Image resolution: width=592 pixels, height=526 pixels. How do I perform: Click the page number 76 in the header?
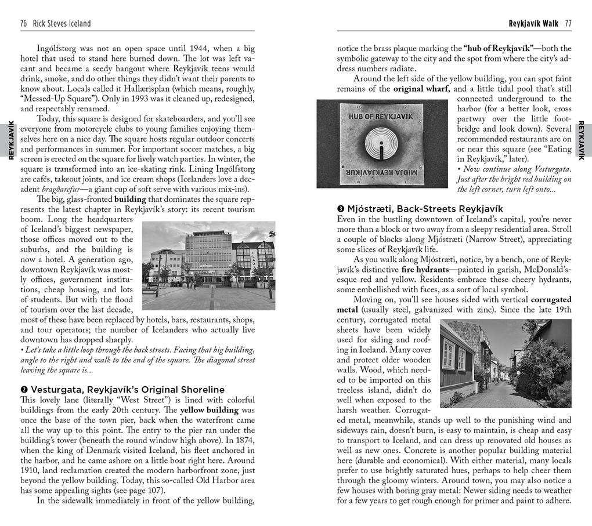point(24,24)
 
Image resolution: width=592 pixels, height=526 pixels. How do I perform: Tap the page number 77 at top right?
point(568,24)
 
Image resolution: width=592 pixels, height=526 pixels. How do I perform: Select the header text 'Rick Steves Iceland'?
point(62,24)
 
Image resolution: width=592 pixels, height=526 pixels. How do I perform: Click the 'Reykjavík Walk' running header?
point(533,24)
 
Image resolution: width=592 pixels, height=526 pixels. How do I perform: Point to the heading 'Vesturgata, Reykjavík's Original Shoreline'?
point(128,389)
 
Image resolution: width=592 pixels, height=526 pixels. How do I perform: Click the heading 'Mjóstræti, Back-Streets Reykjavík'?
point(424,209)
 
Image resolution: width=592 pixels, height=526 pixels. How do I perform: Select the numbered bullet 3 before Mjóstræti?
point(341,209)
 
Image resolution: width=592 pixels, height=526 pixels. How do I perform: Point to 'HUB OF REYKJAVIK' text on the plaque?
point(381,116)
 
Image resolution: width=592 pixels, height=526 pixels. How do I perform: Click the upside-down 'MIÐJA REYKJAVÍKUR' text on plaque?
point(381,173)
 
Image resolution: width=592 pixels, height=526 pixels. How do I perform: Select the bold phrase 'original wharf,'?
point(422,89)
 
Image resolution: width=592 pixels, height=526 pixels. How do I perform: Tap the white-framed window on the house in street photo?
point(449,355)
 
